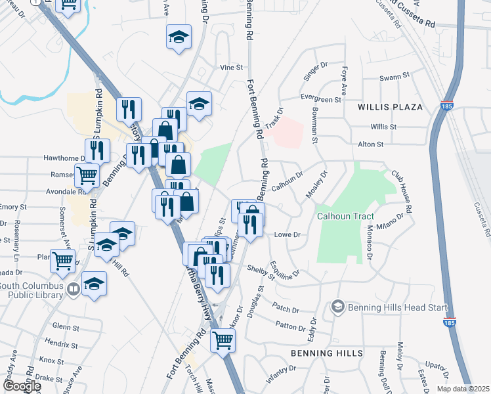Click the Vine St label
click(231, 68)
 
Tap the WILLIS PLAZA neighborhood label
click(390, 106)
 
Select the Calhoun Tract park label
click(345, 217)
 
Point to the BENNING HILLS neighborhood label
click(327, 353)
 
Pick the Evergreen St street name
click(321, 99)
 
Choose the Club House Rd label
click(402, 191)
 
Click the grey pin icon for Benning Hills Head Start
click(337, 306)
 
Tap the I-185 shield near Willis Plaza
click(447, 106)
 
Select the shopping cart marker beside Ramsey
click(87, 175)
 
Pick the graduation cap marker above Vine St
click(179, 37)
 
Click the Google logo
click(21, 386)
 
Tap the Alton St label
click(370, 144)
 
